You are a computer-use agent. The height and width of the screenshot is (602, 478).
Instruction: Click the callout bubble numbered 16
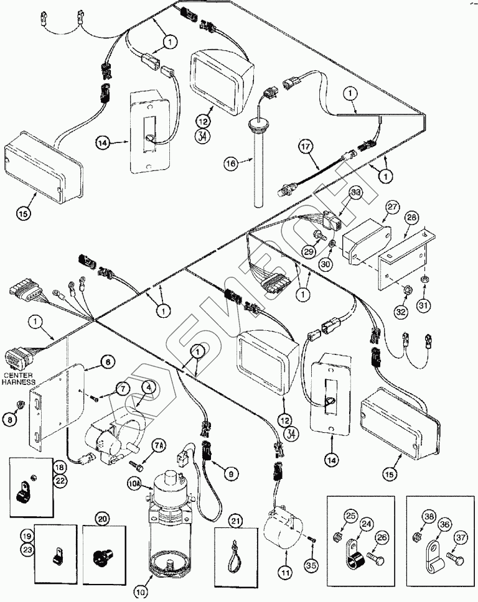(230, 164)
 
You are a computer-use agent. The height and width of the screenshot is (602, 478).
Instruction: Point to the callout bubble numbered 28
(411, 218)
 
